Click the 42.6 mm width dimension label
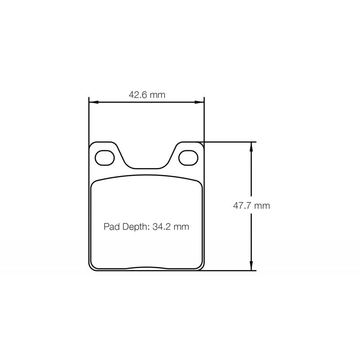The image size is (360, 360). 147,95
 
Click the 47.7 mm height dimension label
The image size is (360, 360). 251,206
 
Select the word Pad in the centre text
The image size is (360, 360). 110,227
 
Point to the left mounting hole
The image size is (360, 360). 105,157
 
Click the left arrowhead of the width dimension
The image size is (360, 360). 92,103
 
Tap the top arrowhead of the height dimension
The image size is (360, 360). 252,145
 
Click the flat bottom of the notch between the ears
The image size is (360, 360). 147,169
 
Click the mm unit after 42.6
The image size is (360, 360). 157,95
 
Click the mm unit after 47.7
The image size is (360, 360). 262,206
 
